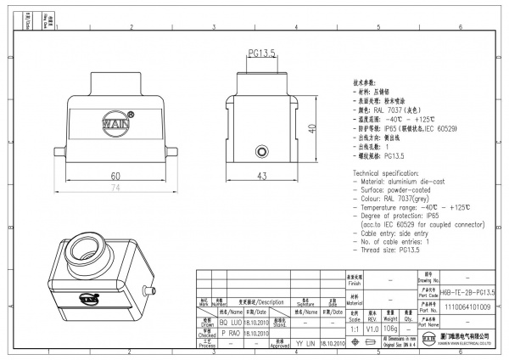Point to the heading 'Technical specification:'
[387, 172]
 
